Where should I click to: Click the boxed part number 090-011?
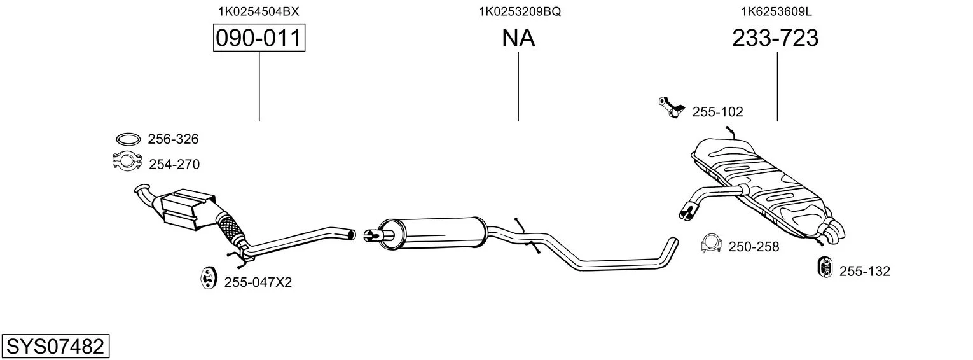click(x=259, y=38)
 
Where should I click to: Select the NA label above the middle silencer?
click(x=518, y=38)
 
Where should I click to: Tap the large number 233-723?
click(x=775, y=38)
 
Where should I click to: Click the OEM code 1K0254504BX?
click(x=258, y=11)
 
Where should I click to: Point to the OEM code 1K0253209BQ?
click(x=520, y=11)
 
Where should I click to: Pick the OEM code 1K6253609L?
click(x=776, y=11)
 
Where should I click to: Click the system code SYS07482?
click(x=55, y=346)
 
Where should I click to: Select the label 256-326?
click(x=173, y=139)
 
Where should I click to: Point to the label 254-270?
click(x=174, y=164)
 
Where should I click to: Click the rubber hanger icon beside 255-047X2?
click(x=209, y=278)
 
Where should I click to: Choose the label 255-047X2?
click(x=258, y=282)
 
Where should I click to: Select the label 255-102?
click(x=717, y=112)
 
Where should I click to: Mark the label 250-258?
click(x=754, y=247)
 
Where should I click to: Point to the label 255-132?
click(x=865, y=271)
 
